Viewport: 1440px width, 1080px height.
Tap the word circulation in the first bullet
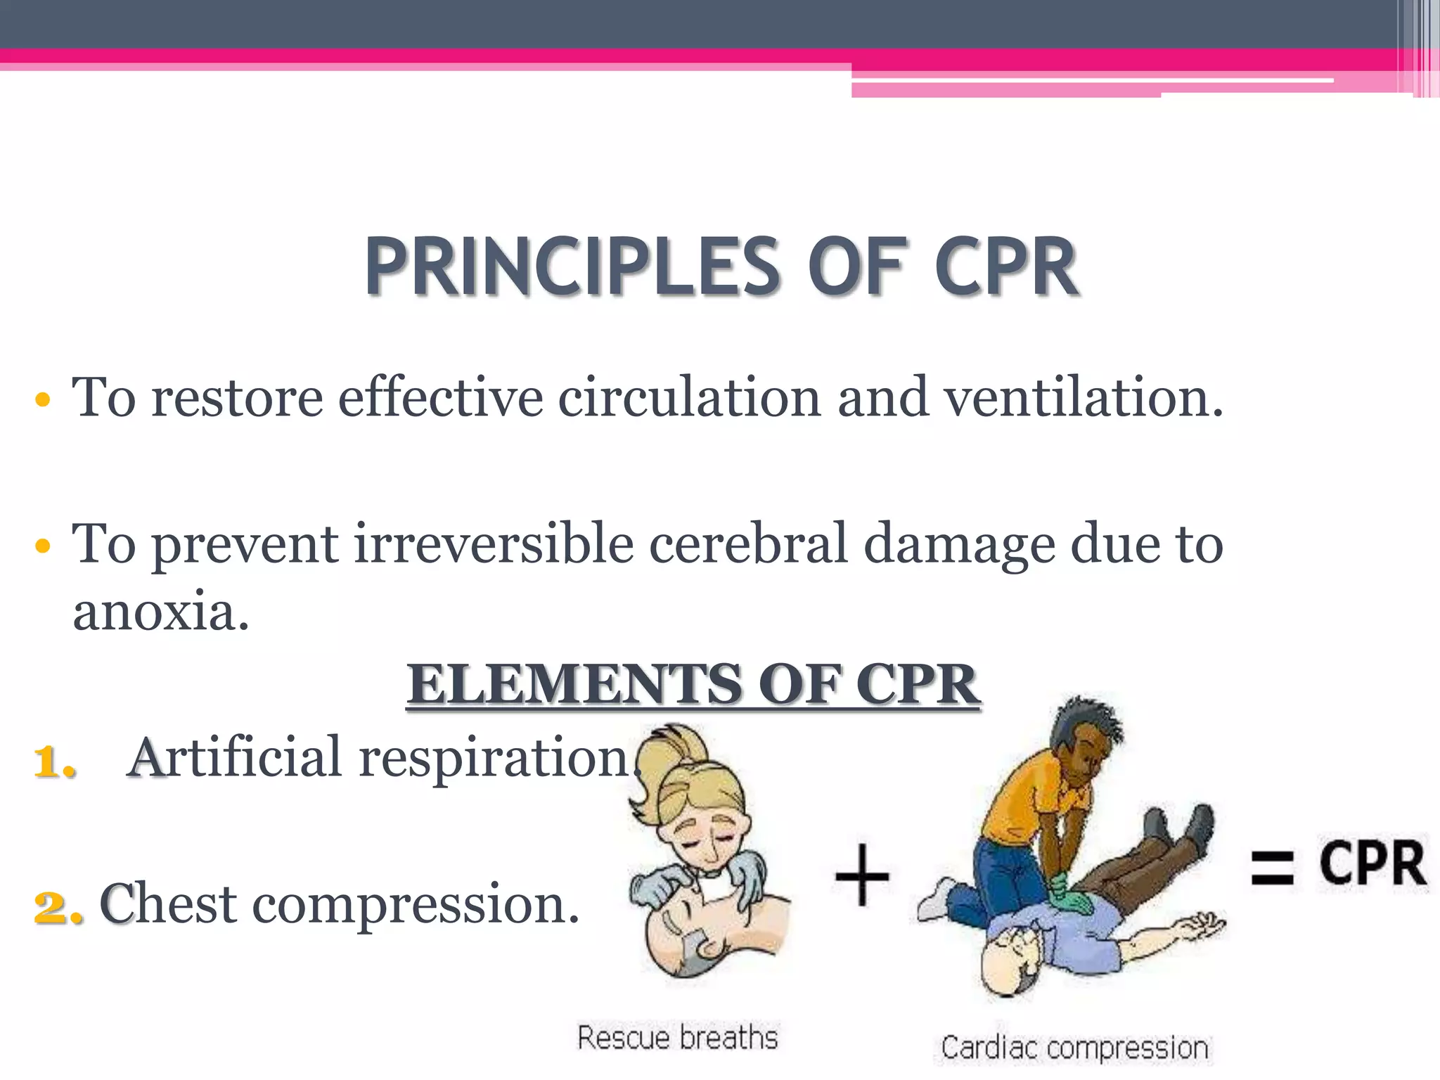pos(689,398)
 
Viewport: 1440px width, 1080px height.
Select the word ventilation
pos(1083,398)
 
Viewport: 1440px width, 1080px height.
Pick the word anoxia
pos(160,611)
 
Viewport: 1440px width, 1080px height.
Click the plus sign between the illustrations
pos(862,876)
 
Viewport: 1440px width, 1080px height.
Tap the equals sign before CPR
pos(1272,867)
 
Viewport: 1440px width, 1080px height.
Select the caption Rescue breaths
pos(678,1038)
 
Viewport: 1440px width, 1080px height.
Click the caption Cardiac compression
pos(1074,1048)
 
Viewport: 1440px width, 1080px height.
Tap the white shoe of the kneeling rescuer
pos(935,900)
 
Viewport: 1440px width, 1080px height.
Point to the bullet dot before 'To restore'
pos(43,400)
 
